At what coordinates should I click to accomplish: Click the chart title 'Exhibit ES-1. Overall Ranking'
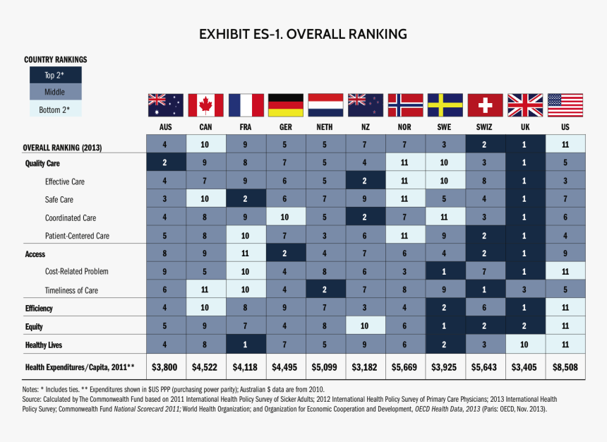click(303, 34)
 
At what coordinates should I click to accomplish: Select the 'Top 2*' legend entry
click(55, 76)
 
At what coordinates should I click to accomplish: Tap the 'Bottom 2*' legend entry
click(55, 109)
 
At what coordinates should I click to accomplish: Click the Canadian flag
click(205, 105)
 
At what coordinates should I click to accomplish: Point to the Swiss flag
click(485, 105)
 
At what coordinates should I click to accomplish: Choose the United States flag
click(565, 105)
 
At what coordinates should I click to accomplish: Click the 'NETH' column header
click(325, 127)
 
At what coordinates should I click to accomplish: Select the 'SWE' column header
click(445, 127)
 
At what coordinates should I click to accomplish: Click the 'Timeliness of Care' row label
click(71, 290)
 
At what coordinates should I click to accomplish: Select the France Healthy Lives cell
click(246, 345)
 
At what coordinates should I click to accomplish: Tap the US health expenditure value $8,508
click(565, 366)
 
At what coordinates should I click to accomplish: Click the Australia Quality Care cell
click(165, 162)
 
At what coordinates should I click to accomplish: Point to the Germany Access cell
click(285, 253)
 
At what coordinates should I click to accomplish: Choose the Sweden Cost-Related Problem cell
click(445, 271)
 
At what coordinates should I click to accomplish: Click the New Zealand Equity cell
click(365, 326)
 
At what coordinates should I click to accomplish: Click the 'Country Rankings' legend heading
click(56, 60)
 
